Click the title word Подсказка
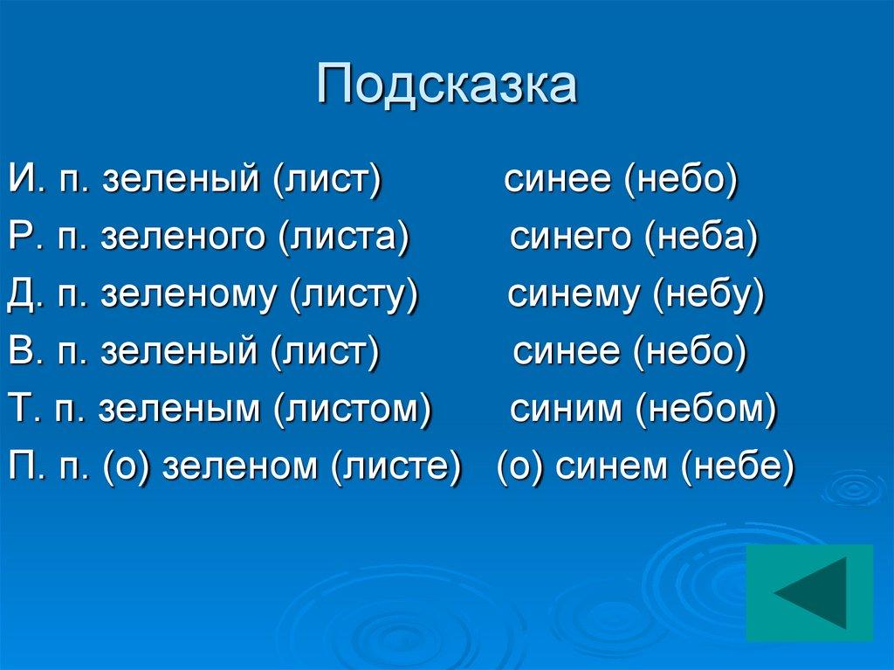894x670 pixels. (x=446, y=85)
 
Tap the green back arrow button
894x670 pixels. (x=809, y=591)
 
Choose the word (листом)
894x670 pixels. (x=353, y=409)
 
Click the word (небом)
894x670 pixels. (x=705, y=409)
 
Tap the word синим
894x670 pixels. (x=564, y=409)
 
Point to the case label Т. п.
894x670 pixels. (x=46, y=409)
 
